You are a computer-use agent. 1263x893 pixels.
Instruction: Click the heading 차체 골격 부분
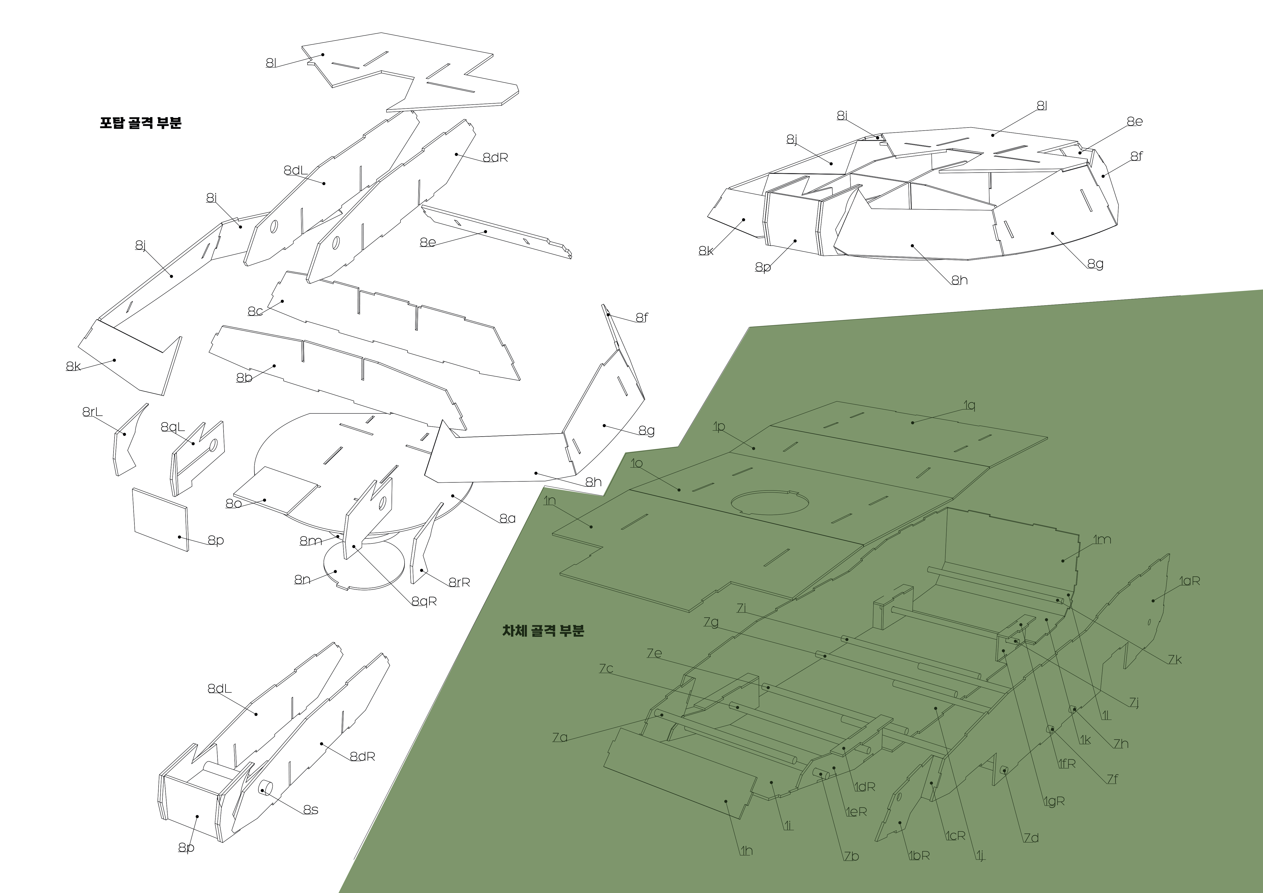(x=543, y=631)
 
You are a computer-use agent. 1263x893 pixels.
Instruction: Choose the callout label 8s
(x=311, y=810)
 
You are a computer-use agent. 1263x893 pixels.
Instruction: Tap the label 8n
(x=302, y=580)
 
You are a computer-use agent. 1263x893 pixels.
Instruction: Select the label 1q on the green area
(x=969, y=405)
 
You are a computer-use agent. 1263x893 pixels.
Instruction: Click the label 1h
(x=746, y=851)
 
